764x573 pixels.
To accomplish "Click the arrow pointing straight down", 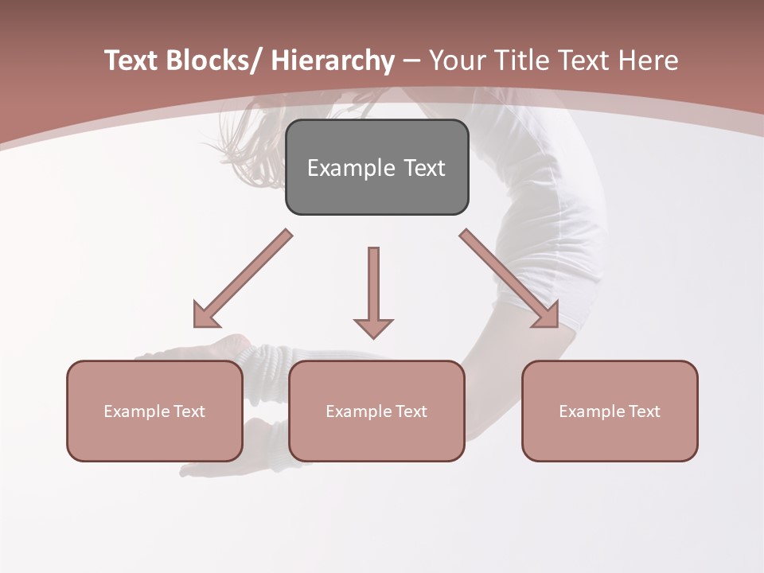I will [x=373, y=286].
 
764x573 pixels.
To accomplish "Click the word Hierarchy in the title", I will [x=333, y=60].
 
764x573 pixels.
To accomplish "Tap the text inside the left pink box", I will [x=154, y=411].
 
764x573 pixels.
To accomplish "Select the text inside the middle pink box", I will [x=376, y=411].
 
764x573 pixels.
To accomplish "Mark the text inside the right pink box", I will [x=610, y=411].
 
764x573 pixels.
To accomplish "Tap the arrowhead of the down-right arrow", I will [x=547, y=314].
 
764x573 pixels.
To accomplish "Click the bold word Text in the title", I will [x=131, y=60].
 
